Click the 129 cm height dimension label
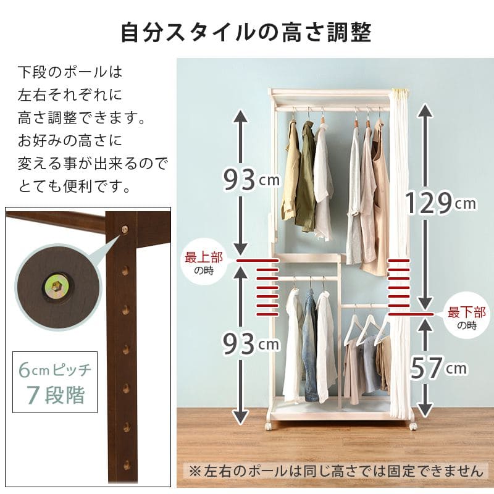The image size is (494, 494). point(440,203)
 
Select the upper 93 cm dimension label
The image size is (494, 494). point(251,179)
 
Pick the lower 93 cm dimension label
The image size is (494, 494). point(251,343)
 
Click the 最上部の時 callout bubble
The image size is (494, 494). point(204,261)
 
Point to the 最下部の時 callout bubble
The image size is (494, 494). point(467,316)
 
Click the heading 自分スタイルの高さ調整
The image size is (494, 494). point(246,32)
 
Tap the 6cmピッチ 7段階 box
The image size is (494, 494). point(55,382)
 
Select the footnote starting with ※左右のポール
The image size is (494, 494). point(336,471)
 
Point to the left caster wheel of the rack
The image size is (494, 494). point(269,425)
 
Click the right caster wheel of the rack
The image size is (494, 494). point(413,425)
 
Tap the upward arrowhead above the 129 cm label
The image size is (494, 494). point(425,111)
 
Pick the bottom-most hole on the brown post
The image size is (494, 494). point(127,465)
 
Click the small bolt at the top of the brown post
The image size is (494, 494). point(125,229)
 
